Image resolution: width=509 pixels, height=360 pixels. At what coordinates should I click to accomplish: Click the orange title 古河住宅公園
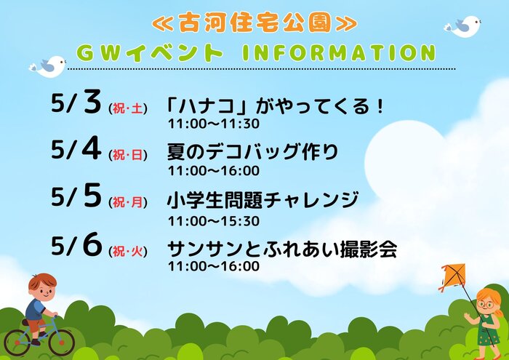(254, 23)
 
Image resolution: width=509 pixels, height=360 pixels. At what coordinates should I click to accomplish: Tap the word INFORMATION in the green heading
(339, 53)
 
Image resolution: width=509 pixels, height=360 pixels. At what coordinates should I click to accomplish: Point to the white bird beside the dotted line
(48, 67)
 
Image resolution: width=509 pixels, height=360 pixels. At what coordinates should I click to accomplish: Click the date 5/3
(76, 103)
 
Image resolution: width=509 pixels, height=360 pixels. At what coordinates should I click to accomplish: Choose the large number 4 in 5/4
(92, 148)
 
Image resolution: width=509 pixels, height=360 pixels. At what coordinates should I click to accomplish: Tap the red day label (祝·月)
(128, 203)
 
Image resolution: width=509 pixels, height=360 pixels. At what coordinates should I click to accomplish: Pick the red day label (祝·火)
(128, 251)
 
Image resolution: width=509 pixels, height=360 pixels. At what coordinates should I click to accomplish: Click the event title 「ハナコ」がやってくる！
(275, 106)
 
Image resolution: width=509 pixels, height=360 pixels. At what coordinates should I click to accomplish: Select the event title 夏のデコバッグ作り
(252, 152)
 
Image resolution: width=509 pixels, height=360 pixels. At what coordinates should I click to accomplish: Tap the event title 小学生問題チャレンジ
(262, 200)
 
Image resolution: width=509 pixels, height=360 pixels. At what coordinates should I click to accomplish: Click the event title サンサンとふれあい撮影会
(282, 249)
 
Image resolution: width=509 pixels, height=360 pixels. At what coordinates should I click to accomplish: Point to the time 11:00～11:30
(214, 124)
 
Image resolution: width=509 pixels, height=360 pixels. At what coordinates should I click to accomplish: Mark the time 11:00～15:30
(214, 221)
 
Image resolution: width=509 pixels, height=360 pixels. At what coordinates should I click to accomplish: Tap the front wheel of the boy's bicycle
(61, 342)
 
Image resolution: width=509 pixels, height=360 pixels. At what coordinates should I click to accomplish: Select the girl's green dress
(488, 330)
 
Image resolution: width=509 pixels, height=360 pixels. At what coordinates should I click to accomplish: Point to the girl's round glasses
(486, 305)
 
